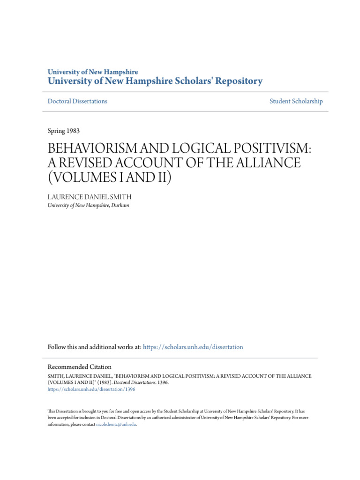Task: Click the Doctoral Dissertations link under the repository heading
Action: coord(77,101)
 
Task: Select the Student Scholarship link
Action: coord(296,101)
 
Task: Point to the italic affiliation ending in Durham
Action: coord(88,205)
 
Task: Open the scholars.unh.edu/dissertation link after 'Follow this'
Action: coord(193,347)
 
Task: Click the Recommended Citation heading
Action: coord(80,367)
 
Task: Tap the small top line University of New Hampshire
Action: coord(93,72)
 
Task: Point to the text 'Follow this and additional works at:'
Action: coord(94,347)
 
